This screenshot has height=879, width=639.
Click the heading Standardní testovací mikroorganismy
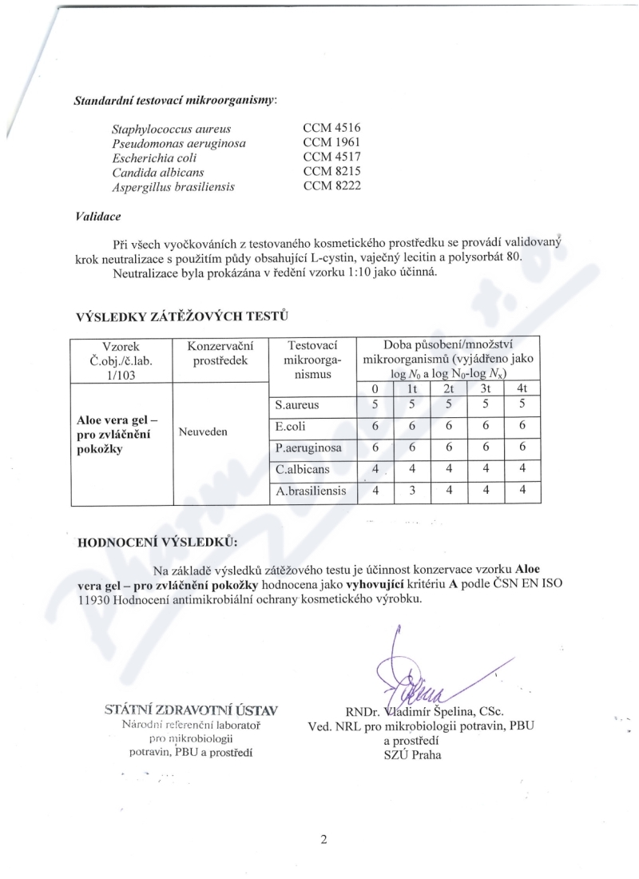coord(175,101)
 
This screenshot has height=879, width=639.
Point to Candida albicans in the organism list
coord(158,172)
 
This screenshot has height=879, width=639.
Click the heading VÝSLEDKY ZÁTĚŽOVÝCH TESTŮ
coord(181,317)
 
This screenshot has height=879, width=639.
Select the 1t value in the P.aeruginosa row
coord(411,447)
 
